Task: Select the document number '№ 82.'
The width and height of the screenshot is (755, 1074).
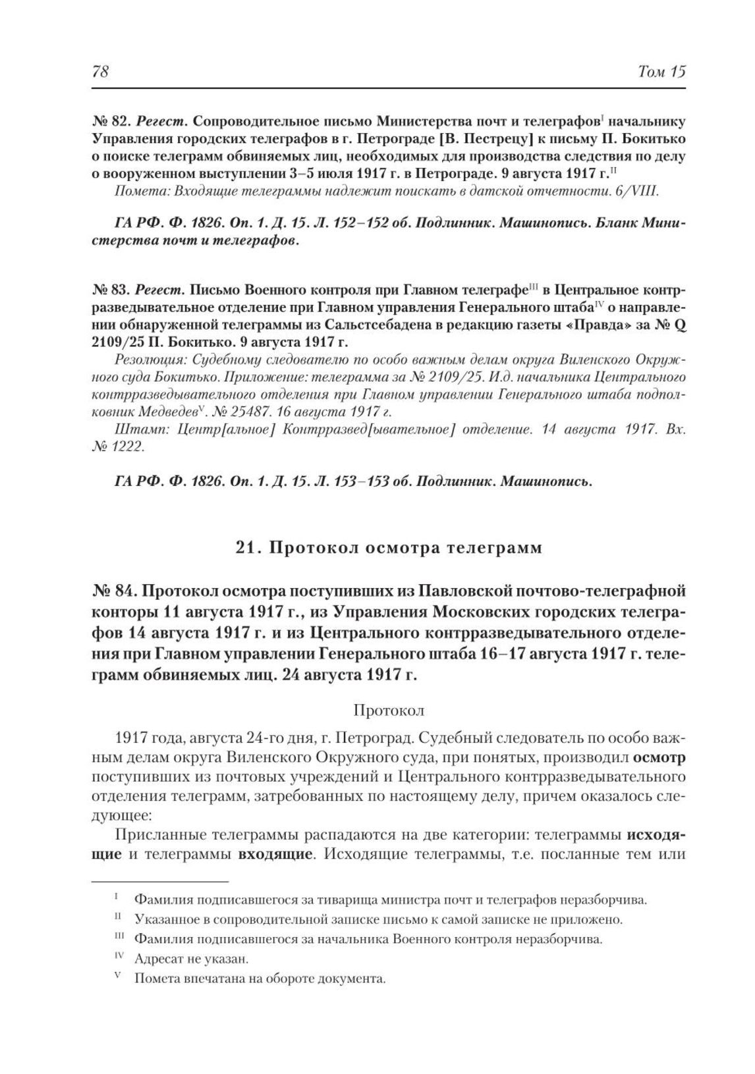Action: pos(109,121)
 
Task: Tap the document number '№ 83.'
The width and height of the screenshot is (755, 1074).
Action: pos(109,289)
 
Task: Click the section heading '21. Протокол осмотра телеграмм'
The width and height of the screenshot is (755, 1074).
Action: pos(389,548)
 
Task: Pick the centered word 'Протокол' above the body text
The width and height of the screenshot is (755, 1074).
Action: pos(389,711)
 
